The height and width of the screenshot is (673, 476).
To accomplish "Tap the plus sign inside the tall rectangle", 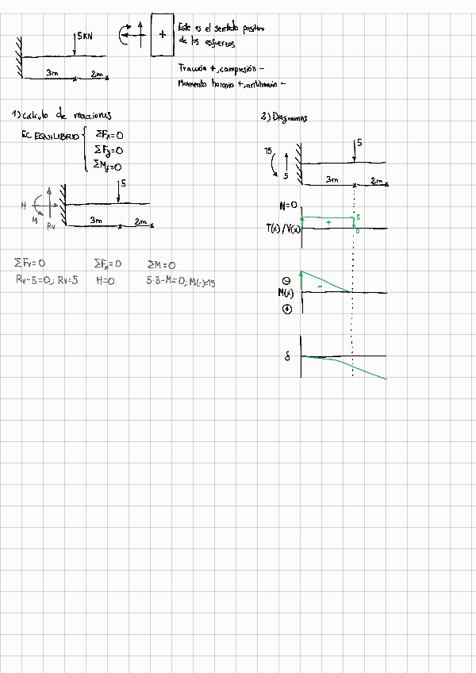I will pos(163,34).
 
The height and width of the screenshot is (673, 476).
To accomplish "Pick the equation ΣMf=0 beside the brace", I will pos(107,166).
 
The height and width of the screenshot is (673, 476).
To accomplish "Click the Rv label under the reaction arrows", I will pos(51,226).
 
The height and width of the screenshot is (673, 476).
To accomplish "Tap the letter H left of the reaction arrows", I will pos(24,206).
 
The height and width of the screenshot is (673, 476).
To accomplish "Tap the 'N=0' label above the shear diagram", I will pos(288,206).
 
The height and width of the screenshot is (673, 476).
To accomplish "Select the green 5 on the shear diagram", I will pos(358,217).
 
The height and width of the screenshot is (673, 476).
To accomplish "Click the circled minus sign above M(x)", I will pos(286,280).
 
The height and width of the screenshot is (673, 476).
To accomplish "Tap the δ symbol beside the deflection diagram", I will pos(287,357).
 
